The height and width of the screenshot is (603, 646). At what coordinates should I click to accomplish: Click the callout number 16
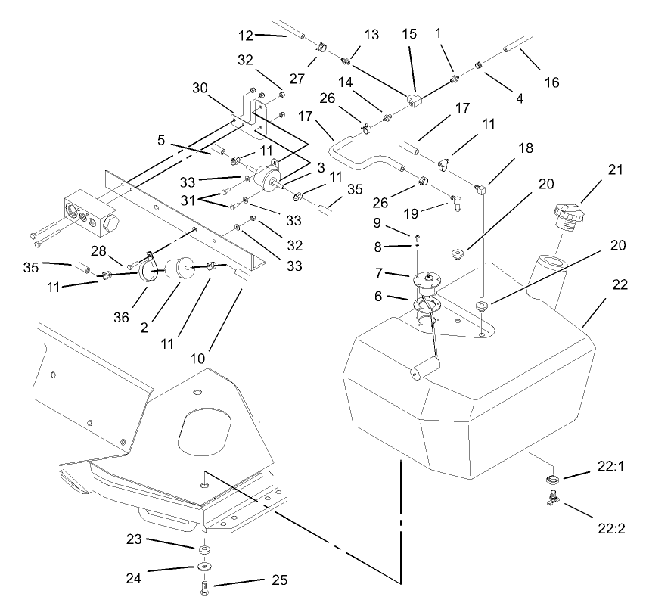pyautogui.click(x=551, y=82)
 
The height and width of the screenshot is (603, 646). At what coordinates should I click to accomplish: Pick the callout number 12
pyautogui.click(x=244, y=35)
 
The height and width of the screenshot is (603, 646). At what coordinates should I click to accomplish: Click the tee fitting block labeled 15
pyautogui.click(x=413, y=101)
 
